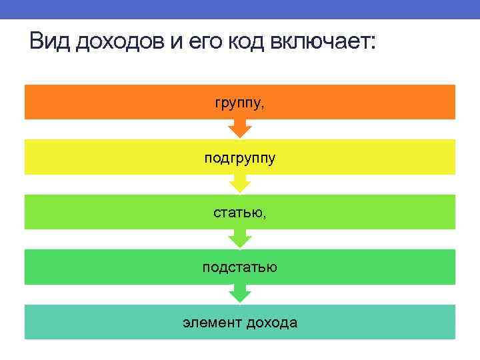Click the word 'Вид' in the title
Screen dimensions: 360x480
[50, 43]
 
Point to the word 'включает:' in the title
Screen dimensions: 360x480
[323, 44]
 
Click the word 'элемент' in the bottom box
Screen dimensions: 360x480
[211, 323]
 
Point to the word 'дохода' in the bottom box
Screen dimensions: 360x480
[271, 323]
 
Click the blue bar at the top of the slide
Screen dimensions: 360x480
[240, 9]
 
